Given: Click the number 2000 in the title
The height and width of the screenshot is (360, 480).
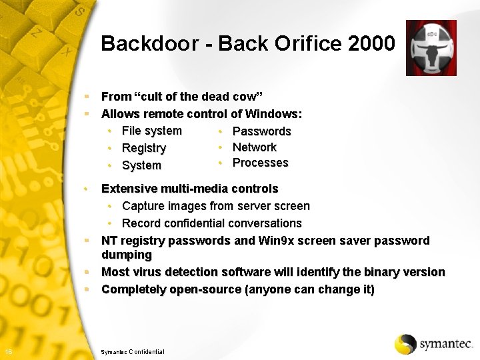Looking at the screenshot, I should [x=371, y=44].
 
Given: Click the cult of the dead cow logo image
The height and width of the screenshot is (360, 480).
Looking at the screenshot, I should [x=431, y=47].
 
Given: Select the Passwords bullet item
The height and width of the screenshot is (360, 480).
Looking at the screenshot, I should [x=261, y=131].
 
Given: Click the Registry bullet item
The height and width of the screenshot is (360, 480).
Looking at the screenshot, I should [x=143, y=148].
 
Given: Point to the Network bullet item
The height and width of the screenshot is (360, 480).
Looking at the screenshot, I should [x=254, y=147].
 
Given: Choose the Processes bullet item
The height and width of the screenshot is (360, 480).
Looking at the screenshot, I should [x=260, y=163].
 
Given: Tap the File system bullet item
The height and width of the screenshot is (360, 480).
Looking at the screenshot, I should [x=151, y=131].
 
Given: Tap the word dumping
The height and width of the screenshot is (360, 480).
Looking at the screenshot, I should [x=126, y=255].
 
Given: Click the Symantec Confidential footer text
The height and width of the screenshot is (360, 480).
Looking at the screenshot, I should [x=132, y=351].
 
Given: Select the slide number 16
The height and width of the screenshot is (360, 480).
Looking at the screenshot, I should [x=7, y=351].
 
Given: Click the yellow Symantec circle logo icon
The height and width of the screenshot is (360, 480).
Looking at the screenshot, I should [x=405, y=344].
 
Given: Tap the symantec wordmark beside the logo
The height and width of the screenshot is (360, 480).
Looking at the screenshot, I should [x=446, y=345].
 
